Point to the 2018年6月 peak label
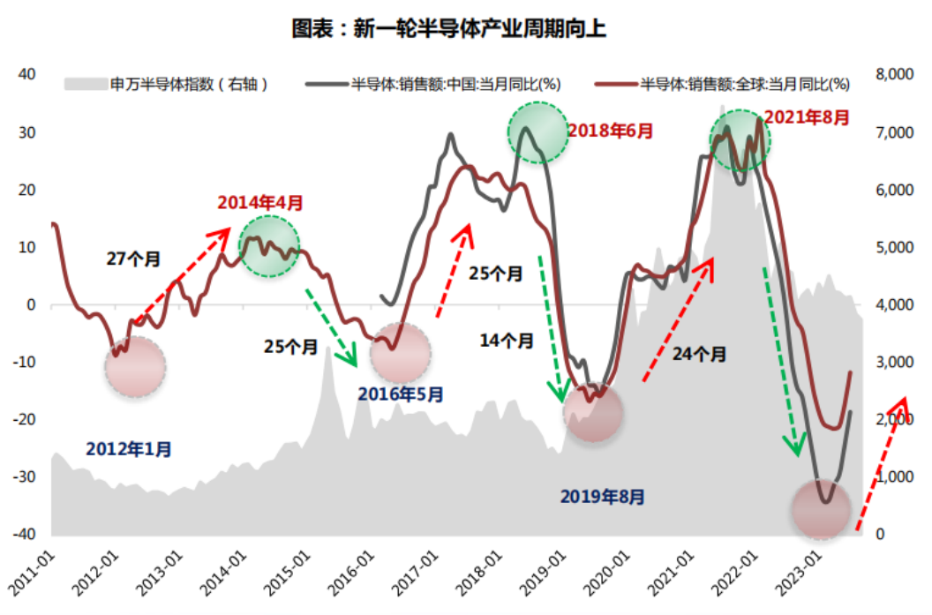point(611,131)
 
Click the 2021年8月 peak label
point(807,116)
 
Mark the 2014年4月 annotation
point(260,203)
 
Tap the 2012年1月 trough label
point(129,449)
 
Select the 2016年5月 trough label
point(401,394)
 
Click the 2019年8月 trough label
point(602,497)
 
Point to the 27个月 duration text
point(133,259)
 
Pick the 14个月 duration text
point(506,340)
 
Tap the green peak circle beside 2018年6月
point(537,131)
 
